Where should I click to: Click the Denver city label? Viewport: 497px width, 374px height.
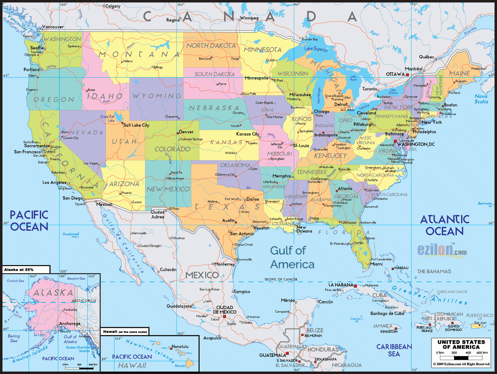click(x=186, y=132)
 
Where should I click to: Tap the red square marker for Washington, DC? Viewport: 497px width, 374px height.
click(x=395, y=141)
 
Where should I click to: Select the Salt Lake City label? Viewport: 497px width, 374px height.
click(x=136, y=125)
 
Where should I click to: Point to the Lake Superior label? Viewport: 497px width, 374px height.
click(x=316, y=49)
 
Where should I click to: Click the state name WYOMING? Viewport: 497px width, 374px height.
click(x=157, y=96)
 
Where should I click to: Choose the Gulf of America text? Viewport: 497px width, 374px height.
click(x=292, y=257)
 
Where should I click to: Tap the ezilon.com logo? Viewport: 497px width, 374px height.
click(x=442, y=250)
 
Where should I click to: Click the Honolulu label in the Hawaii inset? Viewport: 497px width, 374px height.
click(x=180, y=347)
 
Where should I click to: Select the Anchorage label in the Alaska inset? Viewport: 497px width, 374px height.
click(x=70, y=323)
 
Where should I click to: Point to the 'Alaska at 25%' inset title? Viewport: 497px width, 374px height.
click(x=19, y=270)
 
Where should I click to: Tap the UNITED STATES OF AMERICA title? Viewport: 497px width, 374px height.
click(x=461, y=344)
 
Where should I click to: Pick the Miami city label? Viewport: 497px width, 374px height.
click(x=376, y=264)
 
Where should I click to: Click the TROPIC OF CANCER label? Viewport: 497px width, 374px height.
click(x=281, y=280)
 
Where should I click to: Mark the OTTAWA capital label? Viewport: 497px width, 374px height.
click(x=395, y=74)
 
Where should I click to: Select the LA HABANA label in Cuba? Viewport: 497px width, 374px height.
click(x=340, y=285)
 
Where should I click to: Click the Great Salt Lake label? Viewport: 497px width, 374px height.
click(x=107, y=118)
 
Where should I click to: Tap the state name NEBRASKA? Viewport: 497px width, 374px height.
click(x=214, y=108)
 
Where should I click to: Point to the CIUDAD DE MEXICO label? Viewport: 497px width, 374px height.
click(x=225, y=310)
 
